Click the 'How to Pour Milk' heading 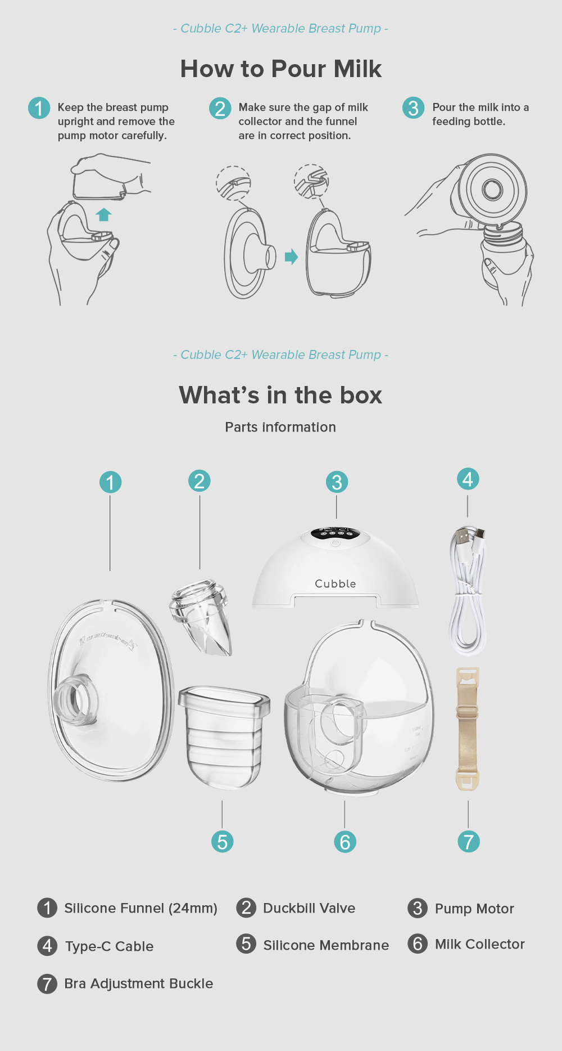pos(280,69)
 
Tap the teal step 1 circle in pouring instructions pos(39,108)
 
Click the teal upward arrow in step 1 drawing pos(103,214)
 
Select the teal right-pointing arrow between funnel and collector pos(291,257)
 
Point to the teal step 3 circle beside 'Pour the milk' pos(414,108)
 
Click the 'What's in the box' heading pos(280,395)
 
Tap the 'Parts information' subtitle pos(280,427)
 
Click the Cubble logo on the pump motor pos(336,583)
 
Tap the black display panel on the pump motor pos(333,532)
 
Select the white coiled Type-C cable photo pos(468,591)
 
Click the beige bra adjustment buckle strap pos(468,729)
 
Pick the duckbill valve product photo pos(201,617)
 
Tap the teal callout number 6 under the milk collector pos(345,842)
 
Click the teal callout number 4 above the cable pos(468,479)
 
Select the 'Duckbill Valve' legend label pos(309,908)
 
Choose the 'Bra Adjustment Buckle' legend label pos(139,983)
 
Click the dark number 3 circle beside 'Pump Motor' pos(418,908)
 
